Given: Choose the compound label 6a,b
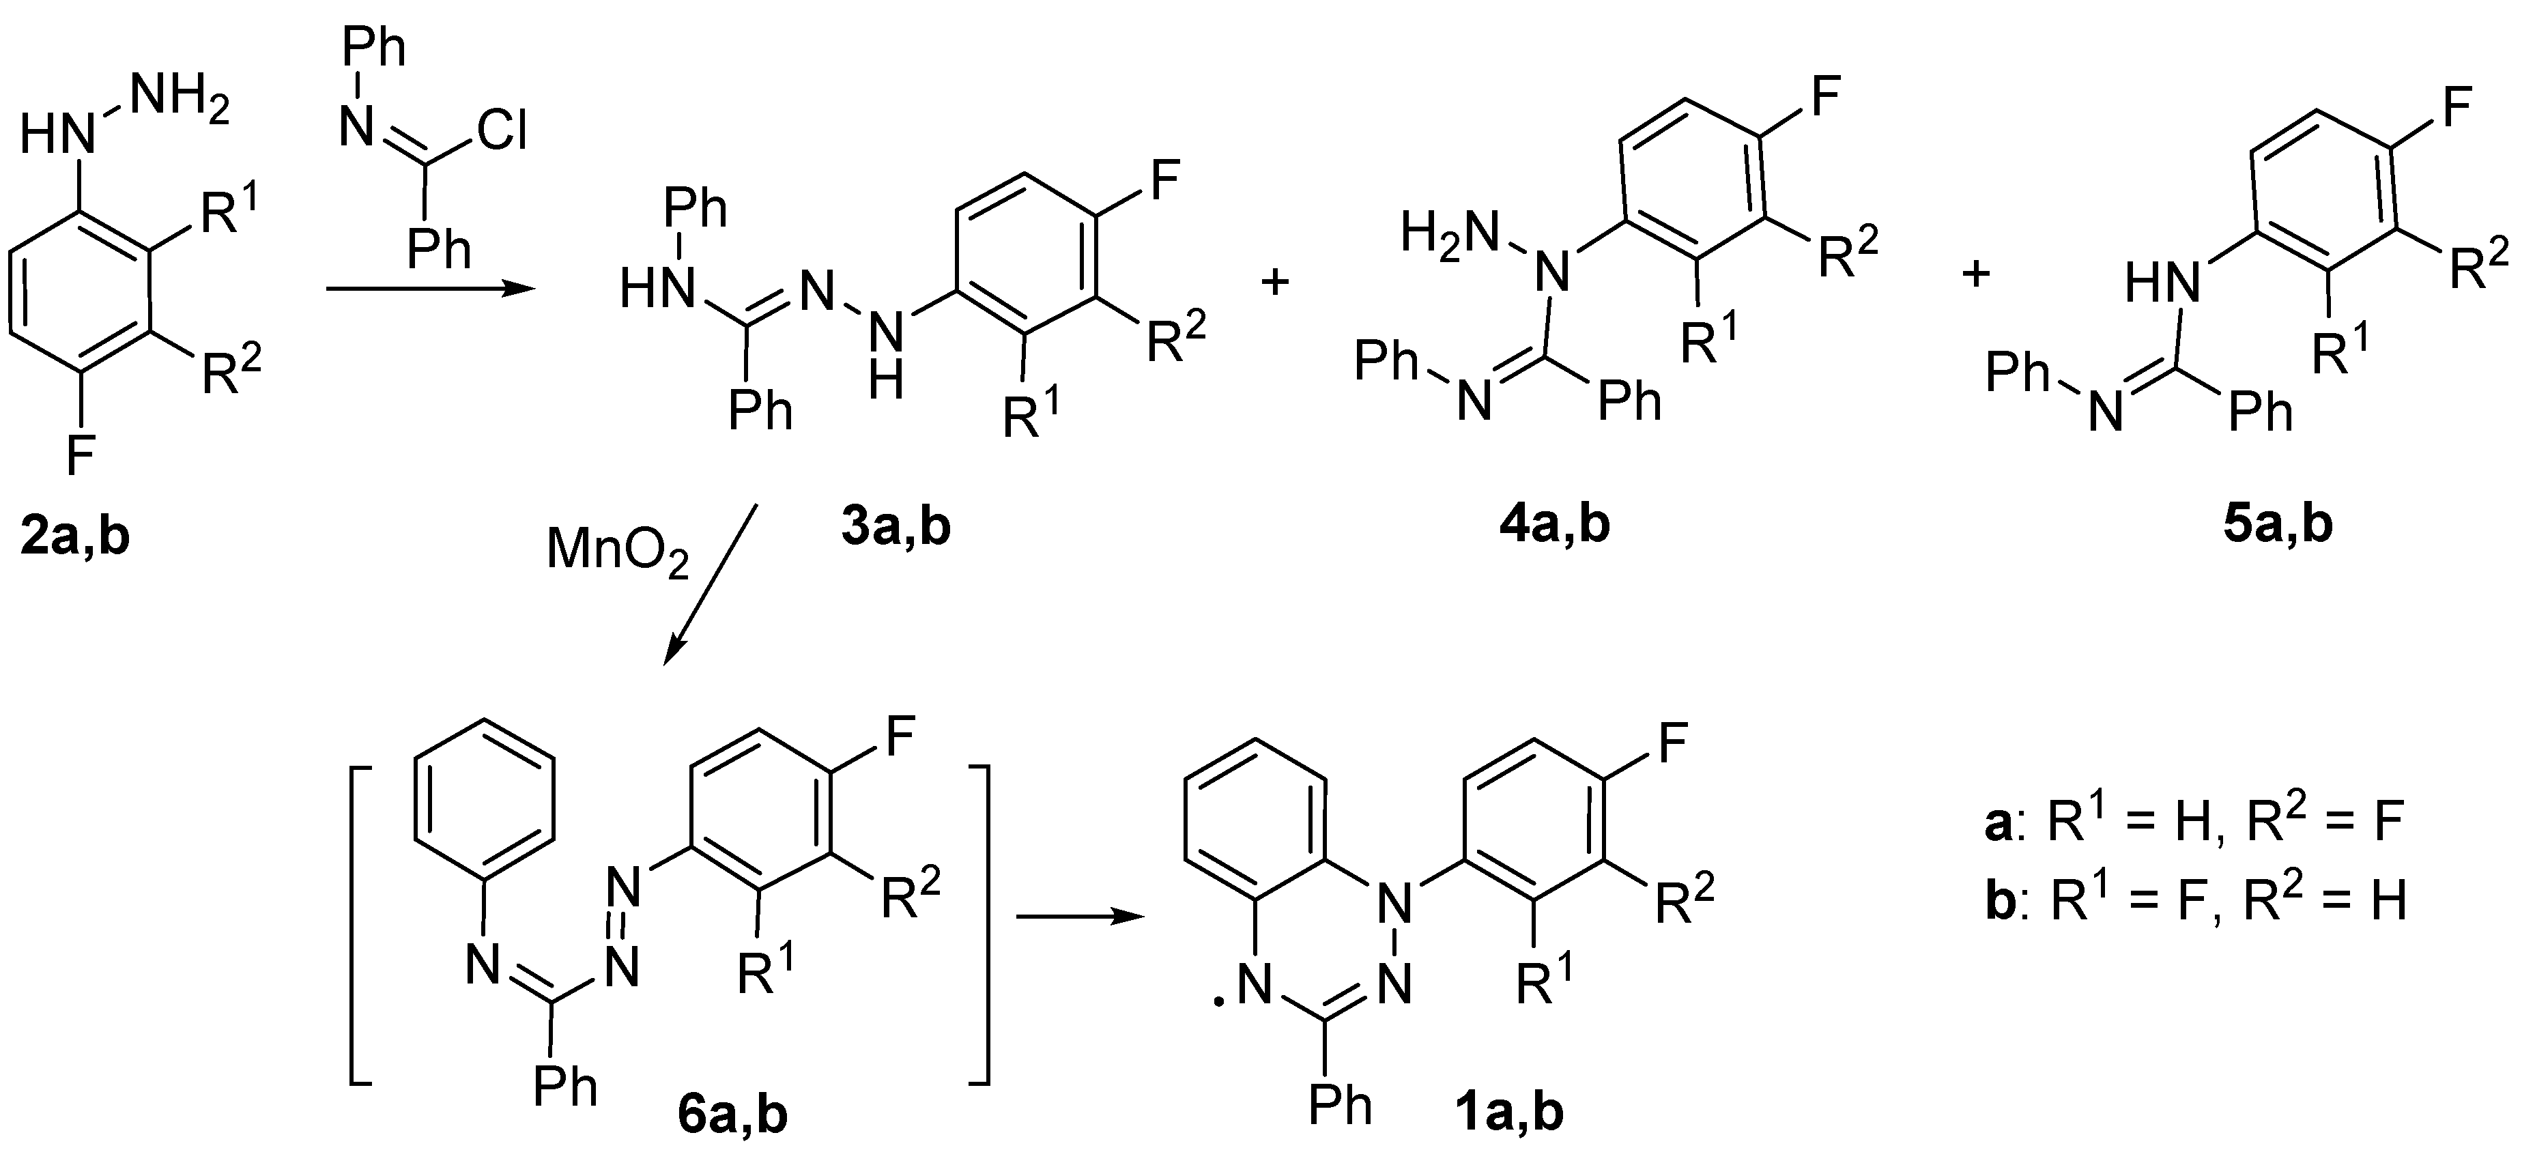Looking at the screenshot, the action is pos(732,1116).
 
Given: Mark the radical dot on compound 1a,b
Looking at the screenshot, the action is pos(1218,1003).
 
